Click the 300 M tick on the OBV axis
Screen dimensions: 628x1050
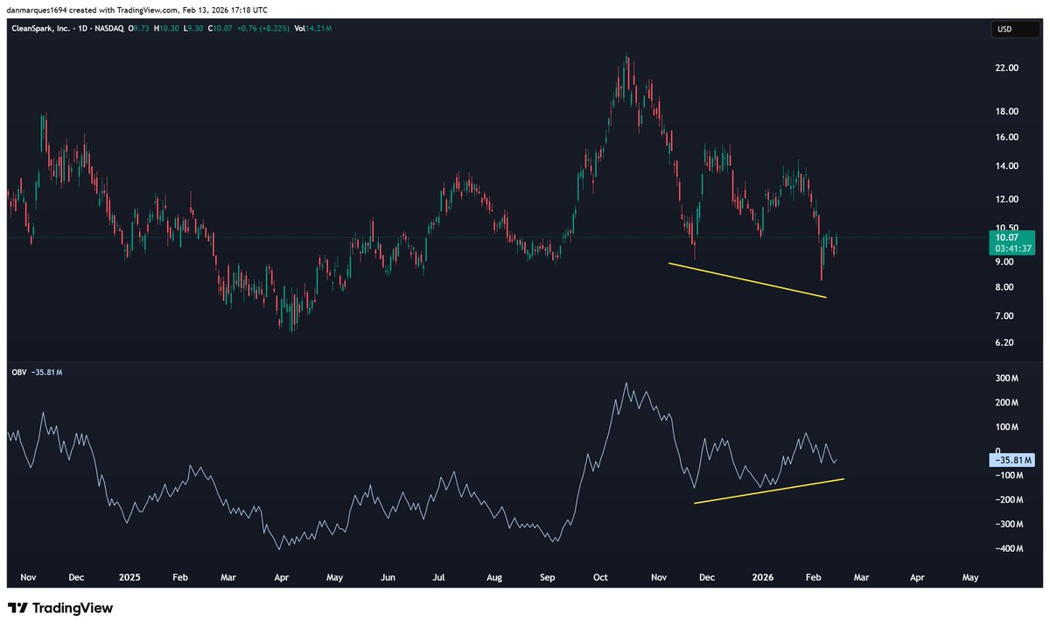(x=1005, y=378)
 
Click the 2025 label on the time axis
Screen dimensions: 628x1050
(x=129, y=578)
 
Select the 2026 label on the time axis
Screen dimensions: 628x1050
(x=763, y=578)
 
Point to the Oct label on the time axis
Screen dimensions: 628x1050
(x=600, y=578)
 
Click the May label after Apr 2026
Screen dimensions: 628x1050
(x=970, y=578)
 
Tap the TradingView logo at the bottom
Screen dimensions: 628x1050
(x=60, y=608)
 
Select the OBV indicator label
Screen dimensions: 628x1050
(x=21, y=372)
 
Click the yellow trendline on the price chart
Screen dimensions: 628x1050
(x=747, y=280)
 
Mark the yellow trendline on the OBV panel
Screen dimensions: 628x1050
(x=768, y=491)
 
